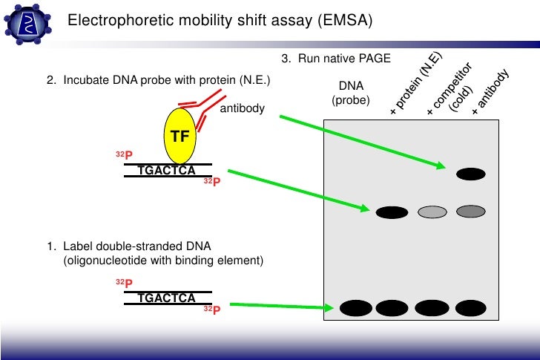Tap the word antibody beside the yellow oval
click(243, 109)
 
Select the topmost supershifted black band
click(470, 174)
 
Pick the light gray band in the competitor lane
click(432, 213)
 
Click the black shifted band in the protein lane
click(392, 213)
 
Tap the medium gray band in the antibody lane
click(470, 212)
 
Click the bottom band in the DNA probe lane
click(352, 307)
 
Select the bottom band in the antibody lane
click(470, 307)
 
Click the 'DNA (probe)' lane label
click(351, 92)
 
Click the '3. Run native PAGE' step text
click(335, 59)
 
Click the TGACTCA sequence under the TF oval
click(167, 171)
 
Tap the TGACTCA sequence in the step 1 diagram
click(167, 298)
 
